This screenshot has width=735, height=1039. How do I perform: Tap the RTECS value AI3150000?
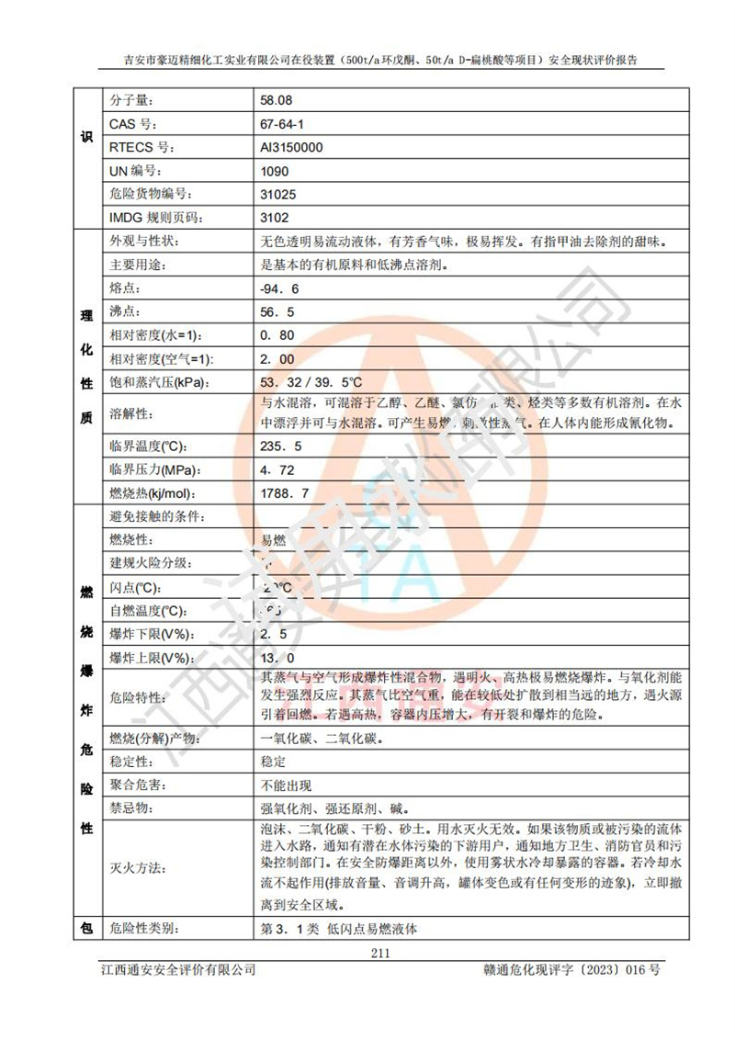click(291, 147)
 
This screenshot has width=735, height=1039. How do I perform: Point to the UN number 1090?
click(275, 171)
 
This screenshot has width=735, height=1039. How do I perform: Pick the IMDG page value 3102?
click(275, 218)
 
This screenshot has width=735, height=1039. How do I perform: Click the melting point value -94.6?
click(280, 289)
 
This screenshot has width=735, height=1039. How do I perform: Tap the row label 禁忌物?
click(129, 808)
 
